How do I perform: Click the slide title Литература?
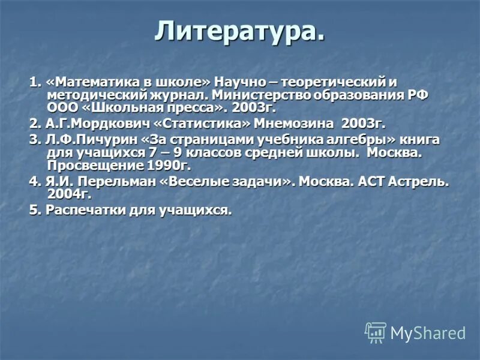(x=240, y=32)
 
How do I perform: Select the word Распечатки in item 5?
(x=80, y=211)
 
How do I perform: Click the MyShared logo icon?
(x=376, y=332)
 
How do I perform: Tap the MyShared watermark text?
(x=428, y=333)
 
